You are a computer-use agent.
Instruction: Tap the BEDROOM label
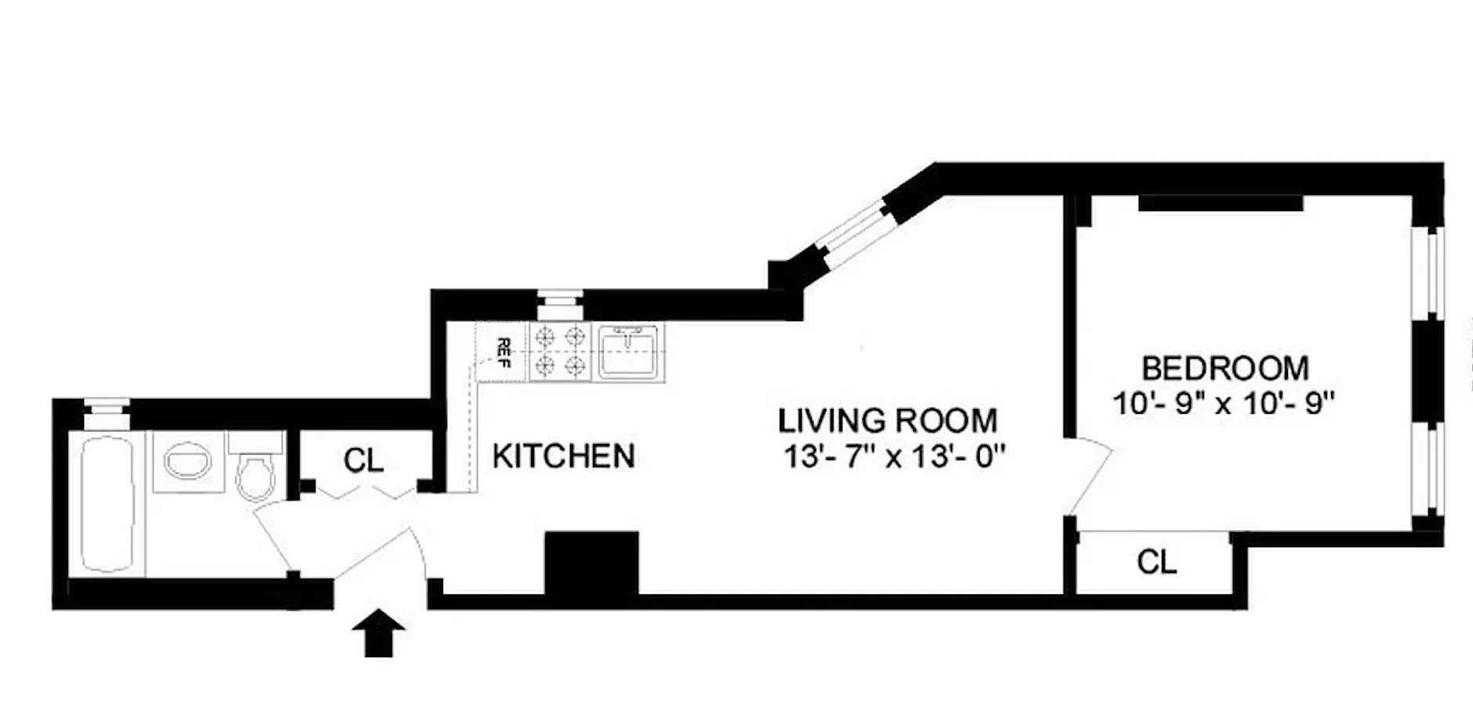(x=1224, y=368)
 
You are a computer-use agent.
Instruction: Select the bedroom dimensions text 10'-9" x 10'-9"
(x=1224, y=404)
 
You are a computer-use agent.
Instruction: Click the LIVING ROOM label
(x=887, y=421)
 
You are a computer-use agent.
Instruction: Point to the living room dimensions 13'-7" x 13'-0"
(x=894, y=456)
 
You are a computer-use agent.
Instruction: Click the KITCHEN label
(x=563, y=456)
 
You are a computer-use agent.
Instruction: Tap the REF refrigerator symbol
(x=502, y=352)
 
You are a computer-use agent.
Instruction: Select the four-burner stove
(x=560, y=352)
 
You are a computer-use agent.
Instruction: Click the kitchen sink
(x=630, y=352)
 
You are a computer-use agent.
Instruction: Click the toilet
(x=255, y=471)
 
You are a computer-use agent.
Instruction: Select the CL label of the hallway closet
(x=364, y=461)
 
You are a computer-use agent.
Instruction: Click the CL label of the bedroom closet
(x=1156, y=562)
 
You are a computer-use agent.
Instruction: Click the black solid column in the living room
(x=591, y=562)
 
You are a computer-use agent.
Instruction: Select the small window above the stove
(x=560, y=302)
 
